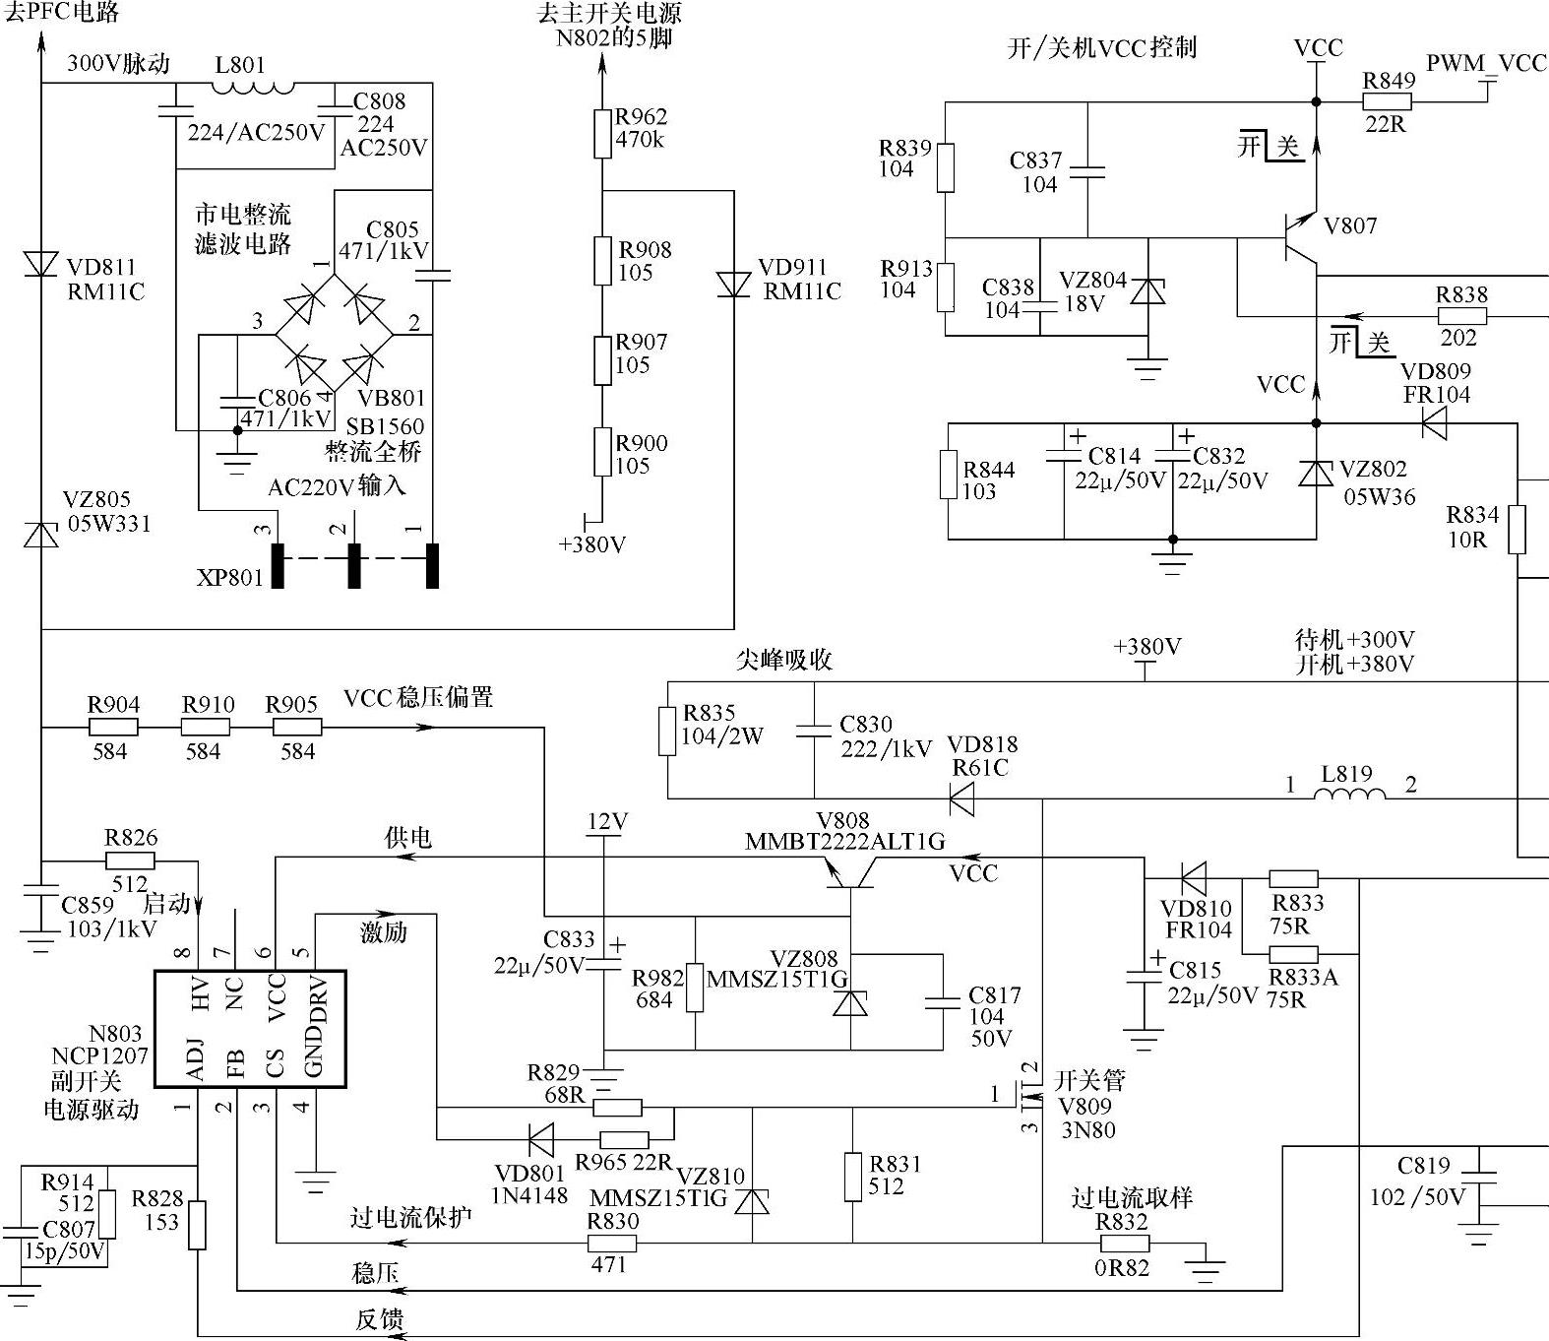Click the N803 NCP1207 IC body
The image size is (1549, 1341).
click(x=250, y=1029)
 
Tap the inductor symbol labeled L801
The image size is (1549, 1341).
click(x=254, y=87)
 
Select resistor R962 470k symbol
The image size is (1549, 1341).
click(x=602, y=134)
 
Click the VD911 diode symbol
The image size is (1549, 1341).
click(x=733, y=285)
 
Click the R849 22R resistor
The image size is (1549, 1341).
click(x=1387, y=101)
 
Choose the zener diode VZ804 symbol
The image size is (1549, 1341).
click(x=1147, y=292)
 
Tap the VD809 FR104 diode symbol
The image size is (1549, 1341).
click(x=1434, y=424)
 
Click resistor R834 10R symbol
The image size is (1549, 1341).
click(x=1517, y=530)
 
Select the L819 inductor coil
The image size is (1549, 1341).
click(x=1349, y=793)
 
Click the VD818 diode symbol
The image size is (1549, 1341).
click(x=961, y=798)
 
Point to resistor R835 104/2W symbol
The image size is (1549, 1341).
click(x=667, y=731)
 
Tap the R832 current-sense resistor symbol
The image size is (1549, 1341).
click(x=1123, y=1244)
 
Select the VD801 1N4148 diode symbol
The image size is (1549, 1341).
click(x=540, y=1140)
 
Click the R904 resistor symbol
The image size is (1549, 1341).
click(x=113, y=728)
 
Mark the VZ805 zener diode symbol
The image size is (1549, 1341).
click(x=40, y=535)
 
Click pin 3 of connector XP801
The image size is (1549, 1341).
click(x=278, y=566)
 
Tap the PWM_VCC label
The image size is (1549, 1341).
click(x=1486, y=64)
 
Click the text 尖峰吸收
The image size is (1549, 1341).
click(x=783, y=659)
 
